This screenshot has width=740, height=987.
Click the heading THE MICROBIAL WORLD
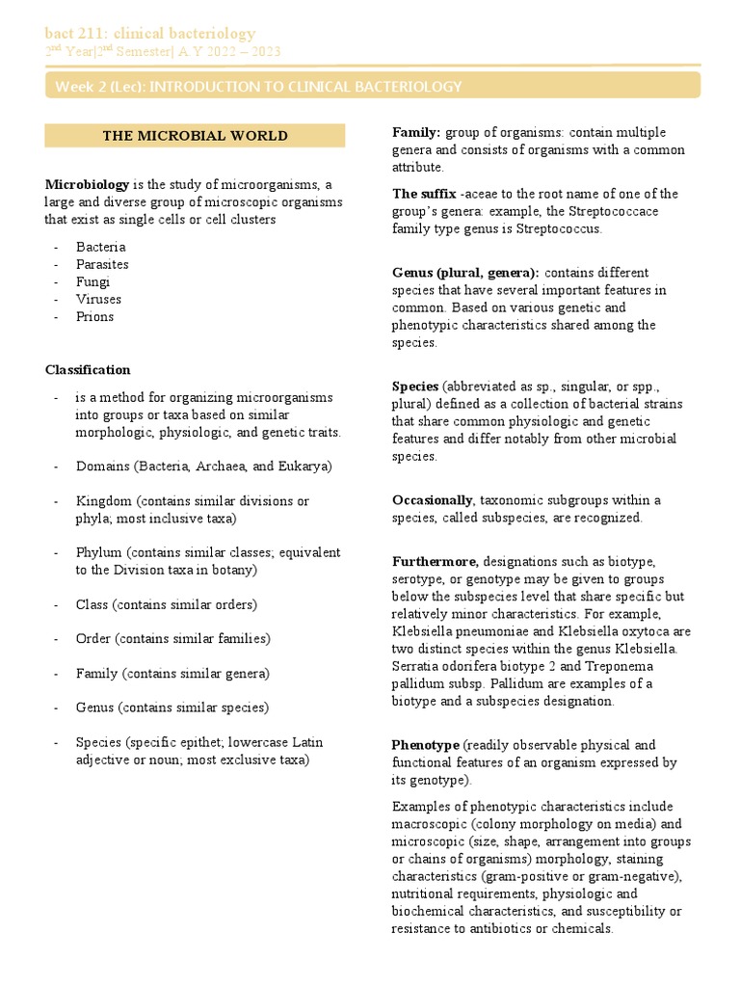(x=195, y=136)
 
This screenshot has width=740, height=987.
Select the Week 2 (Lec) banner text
(x=258, y=87)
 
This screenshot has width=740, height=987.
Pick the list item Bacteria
(x=101, y=247)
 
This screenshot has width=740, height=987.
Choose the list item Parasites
(x=102, y=264)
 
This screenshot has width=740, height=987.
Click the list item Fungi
(x=93, y=281)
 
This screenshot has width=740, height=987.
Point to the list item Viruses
(x=98, y=299)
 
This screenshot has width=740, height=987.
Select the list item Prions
(x=95, y=316)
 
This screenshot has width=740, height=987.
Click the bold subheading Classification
(x=88, y=370)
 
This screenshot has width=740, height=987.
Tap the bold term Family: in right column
(x=416, y=132)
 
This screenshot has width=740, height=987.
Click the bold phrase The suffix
(x=424, y=194)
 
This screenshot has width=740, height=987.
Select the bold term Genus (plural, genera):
(x=465, y=273)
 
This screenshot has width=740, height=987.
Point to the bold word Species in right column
(x=415, y=387)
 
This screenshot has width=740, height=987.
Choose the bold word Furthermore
(x=435, y=562)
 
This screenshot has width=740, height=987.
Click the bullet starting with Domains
(x=203, y=467)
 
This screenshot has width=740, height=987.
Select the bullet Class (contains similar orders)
(x=166, y=604)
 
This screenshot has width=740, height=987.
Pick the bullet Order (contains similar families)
(x=172, y=639)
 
